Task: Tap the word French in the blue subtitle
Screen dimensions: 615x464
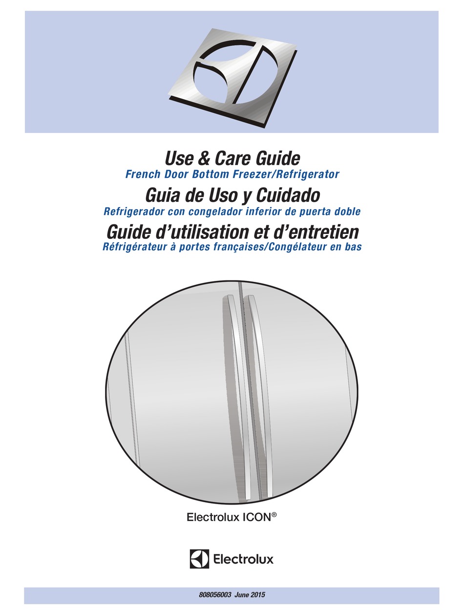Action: (145, 174)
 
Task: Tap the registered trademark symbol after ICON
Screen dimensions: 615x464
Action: (274, 528)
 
